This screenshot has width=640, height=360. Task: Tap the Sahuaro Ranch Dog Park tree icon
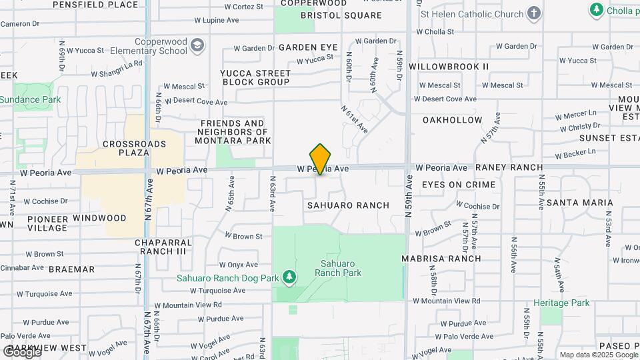click(289, 277)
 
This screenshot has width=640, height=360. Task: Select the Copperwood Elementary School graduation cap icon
click(197, 45)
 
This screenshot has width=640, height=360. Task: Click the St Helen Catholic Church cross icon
click(534, 13)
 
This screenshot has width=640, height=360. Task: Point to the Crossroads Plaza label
click(125, 148)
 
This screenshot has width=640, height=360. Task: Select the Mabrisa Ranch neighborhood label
click(441, 258)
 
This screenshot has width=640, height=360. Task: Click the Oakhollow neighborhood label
click(452, 120)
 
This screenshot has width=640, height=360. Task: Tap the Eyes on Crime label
click(459, 184)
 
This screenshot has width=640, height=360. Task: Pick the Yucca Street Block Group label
click(255, 77)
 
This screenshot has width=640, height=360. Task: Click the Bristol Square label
click(341, 15)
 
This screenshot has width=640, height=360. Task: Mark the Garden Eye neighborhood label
click(308, 47)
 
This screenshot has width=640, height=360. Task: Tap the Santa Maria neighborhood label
click(579, 202)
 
